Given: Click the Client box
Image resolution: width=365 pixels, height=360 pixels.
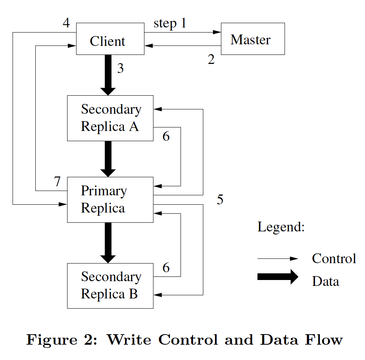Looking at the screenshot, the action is tap(110, 39).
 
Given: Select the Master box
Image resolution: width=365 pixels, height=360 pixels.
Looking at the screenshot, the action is tap(253, 39).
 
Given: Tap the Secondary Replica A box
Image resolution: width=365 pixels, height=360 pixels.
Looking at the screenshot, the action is tap(110, 118).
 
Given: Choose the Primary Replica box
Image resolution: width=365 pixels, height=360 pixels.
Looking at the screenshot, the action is tap(110, 200).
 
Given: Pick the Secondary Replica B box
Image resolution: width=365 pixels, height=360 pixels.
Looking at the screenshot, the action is tap(110, 286).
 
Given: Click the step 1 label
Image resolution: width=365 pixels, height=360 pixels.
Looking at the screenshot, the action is tap(170, 24).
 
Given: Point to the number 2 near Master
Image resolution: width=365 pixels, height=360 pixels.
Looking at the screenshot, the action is tap(211, 60).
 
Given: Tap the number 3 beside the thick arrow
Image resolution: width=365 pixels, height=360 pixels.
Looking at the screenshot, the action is tap(120, 68).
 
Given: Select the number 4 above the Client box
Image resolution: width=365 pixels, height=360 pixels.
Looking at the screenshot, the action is tap(66, 23).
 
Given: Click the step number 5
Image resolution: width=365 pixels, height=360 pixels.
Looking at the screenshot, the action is tap(220, 200).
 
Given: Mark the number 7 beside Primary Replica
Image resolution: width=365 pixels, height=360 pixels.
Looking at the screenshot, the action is tap(57, 182).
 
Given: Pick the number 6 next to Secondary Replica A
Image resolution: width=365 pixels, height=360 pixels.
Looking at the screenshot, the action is tap(166, 136).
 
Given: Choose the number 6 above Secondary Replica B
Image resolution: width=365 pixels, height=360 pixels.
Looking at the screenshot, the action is tap(166, 267).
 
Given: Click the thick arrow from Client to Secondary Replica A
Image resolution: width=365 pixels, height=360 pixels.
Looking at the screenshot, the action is tap(108, 75).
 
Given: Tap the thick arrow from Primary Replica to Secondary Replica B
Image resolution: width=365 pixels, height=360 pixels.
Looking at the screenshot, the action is tap(108, 243).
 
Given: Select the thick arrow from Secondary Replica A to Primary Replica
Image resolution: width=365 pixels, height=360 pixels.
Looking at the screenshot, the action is tap(108, 159).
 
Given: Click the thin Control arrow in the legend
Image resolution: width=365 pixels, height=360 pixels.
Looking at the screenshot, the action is tap(278, 258).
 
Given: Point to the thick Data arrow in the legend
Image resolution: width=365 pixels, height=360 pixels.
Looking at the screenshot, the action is tap(278, 277).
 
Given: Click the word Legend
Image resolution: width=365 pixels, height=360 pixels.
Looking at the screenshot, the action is tap(281, 227).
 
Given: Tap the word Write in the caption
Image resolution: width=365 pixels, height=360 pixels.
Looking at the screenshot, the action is tap(129, 340).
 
